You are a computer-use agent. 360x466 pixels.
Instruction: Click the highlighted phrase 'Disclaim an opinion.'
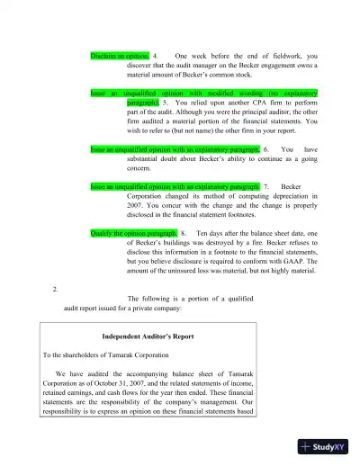coord(121,56)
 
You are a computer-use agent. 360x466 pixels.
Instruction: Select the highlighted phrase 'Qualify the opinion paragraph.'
coord(134,232)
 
